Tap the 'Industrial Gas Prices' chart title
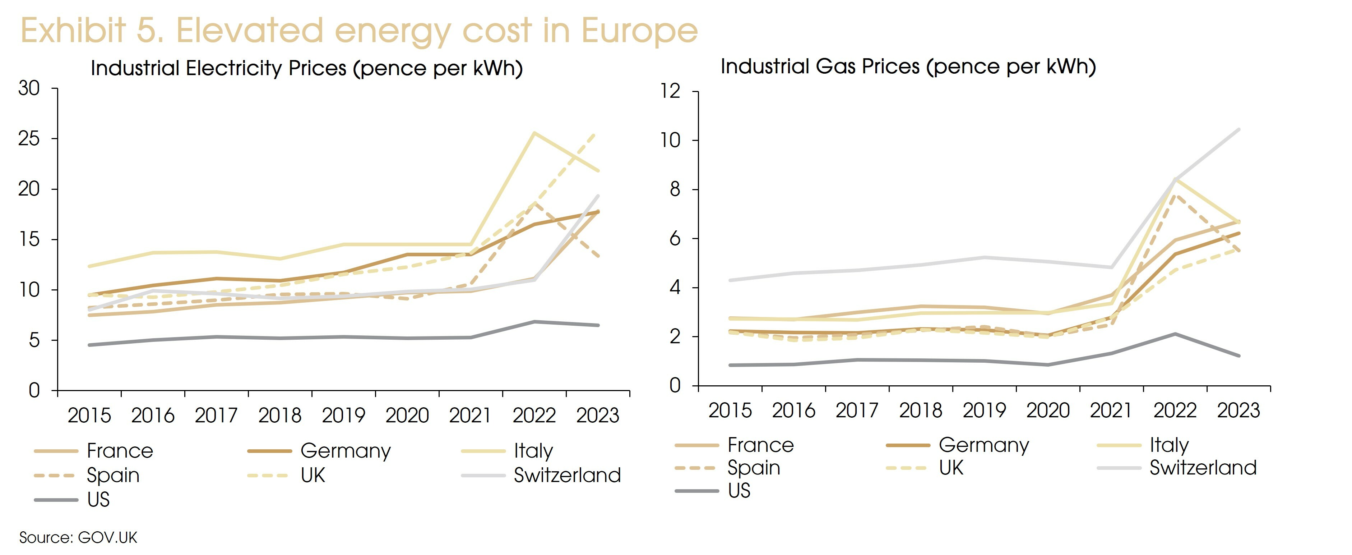point(908,67)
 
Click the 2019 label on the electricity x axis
point(343,415)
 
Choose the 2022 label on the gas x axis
point(1175,410)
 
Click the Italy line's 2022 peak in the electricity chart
point(534,133)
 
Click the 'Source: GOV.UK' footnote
point(78,538)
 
